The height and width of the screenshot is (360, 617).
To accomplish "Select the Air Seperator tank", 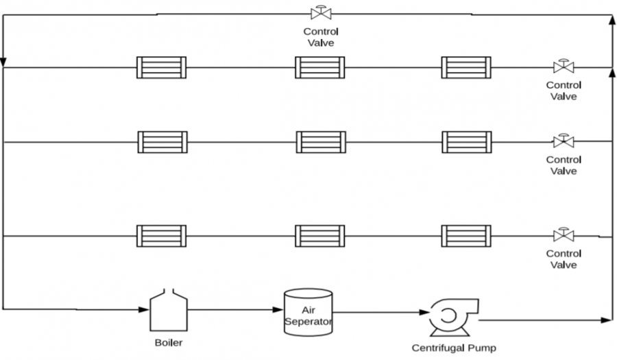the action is pyautogui.click(x=308, y=313).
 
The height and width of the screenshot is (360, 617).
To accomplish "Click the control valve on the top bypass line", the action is pyautogui.click(x=321, y=12).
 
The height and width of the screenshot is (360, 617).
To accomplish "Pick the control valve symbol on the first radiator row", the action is pyautogui.click(x=564, y=67).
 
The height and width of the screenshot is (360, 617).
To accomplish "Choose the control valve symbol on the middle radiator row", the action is pyautogui.click(x=564, y=141).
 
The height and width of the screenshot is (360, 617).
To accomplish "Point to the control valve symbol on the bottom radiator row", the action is pyautogui.click(x=564, y=235).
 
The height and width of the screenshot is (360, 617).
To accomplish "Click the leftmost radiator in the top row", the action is pyautogui.click(x=161, y=68).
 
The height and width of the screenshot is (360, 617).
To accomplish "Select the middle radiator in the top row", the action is pyautogui.click(x=320, y=68).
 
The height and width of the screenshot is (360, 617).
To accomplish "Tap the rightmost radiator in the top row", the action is pyautogui.click(x=466, y=68).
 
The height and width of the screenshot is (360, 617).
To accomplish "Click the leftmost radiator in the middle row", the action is pyautogui.click(x=162, y=142).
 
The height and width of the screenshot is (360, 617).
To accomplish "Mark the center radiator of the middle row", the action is pyautogui.click(x=321, y=142).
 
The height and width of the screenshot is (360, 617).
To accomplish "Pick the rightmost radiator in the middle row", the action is pyautogui.click(x=467, y=142).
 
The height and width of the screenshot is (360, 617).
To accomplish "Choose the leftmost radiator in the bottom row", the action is pyautogui.click(x=161, y=236).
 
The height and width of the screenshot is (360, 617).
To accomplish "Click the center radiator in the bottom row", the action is pyautogui.click(x=320, y=236).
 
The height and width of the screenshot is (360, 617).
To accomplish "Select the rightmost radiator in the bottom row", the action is pyautogui.click(x=466, y=236).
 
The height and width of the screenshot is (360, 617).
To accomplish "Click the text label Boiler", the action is pyautogui.click(x=169, y=343).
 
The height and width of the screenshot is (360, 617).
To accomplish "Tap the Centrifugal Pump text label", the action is pyautogui.click(x=454, y=348).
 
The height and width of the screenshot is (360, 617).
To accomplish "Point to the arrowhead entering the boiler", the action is pyautogui.click(x=144, y=310).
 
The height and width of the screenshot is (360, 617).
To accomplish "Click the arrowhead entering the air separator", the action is pyautogui.click(x=278, y=310).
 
